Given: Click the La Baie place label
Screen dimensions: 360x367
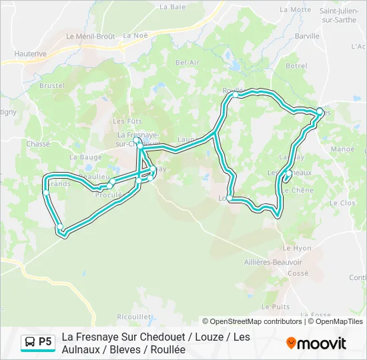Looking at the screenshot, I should [172, 7].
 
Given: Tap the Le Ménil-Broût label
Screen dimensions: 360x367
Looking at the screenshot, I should [90, 36].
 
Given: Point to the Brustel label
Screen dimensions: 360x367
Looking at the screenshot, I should [52, 85].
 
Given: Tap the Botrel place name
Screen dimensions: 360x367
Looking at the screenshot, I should [296, 66].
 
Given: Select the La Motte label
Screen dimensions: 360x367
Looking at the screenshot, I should [296, 9].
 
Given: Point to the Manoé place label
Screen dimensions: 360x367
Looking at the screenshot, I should [342, 149].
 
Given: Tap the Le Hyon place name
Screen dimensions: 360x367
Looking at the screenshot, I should [297, 248].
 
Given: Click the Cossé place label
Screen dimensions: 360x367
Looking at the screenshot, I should [298, 273].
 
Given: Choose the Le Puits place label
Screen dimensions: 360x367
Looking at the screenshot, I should [275, 307].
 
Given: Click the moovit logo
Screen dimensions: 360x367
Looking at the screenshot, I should [316, 343].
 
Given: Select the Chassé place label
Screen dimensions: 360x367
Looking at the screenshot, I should [38, 143].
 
